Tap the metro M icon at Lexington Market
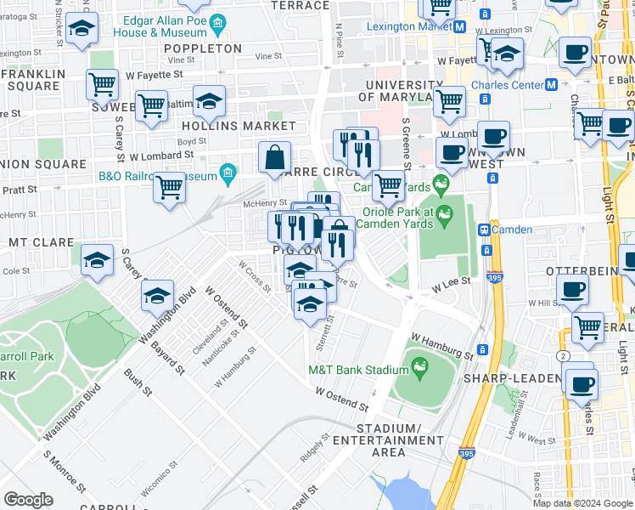tap(459, 26)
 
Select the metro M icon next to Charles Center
tap(551, 85)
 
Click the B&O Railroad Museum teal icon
tap(227, 176)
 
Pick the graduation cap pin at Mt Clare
tap(98, 259)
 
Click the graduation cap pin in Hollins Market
tap(209, 102)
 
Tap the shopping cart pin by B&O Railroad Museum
tap(170, 186)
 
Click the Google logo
tap(29, 499)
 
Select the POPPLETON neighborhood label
tap(203, 48)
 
